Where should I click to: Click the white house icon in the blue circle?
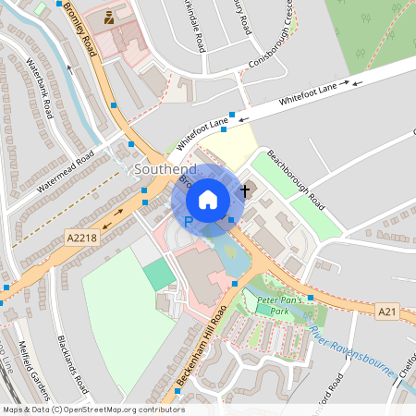(208, 199)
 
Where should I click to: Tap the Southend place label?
(165, 170)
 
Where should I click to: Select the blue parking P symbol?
(189, 222)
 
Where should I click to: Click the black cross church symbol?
(244, 190)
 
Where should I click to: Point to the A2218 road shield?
(81, 239)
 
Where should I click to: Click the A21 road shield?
(389, 312)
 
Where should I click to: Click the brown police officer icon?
(111, 17)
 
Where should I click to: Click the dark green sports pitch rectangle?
(159, 273)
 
